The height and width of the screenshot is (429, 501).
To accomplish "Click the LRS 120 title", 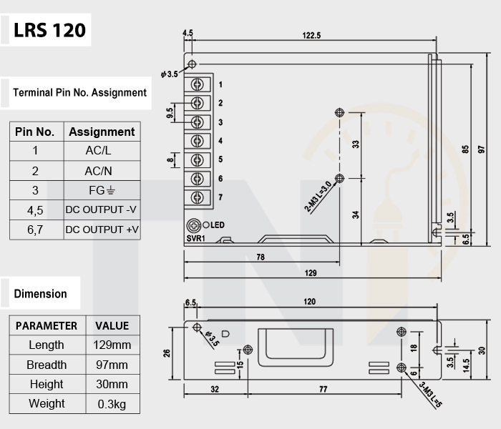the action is [x=49, y=30].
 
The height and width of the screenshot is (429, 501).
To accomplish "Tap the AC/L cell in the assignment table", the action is [x=99, y=150].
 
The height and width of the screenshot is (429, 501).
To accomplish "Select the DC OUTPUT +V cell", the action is [x=102, y=230].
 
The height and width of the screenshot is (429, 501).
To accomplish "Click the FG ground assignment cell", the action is [x=102, y=191].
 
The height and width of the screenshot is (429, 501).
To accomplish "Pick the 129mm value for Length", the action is [x=112, y=345].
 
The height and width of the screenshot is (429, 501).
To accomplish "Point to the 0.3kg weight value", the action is [x=112, y=404].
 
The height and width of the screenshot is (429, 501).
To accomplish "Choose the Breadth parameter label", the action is [x=47, y=365].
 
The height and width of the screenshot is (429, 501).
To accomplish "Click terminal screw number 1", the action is [x=197, y=84].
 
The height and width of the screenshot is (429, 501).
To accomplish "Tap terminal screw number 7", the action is [x=197, y=197].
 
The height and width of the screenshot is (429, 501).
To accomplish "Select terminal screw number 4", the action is [x=197, y=141].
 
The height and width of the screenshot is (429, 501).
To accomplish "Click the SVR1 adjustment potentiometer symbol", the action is [x=193, y=226].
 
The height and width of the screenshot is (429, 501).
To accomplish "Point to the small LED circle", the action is [x=206, y=225].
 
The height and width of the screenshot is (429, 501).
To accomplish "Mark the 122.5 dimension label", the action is [x=311, y=36].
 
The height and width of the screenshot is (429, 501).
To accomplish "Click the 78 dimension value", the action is [x=261, y=257].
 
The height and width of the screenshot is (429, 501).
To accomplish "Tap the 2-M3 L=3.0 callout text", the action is [x=318, y=197].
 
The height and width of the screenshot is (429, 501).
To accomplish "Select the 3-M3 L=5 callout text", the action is [x=430, y=395].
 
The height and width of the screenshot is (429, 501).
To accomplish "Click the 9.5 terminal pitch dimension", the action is [x=170, y=113].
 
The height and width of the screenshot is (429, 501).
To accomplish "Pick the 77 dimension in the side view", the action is [x=323, y=389].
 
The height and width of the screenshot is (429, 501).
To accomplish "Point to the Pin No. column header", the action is [x=34, y=132].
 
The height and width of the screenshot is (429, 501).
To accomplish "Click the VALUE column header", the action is [x=112, y=326].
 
